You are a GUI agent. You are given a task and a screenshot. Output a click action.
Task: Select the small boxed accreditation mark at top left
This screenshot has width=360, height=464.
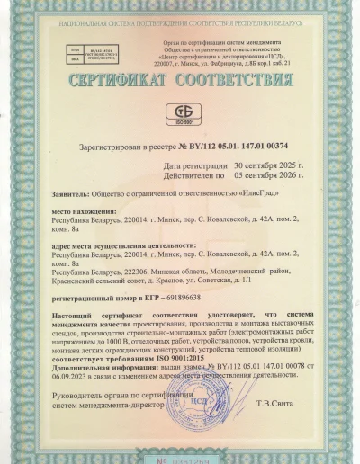74,49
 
